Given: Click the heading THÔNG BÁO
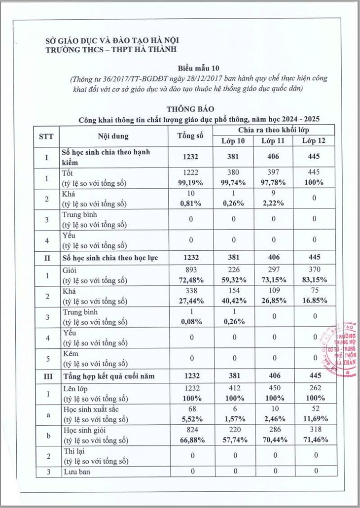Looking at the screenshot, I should pos(190,109).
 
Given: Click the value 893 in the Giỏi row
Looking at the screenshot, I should pos(193,270).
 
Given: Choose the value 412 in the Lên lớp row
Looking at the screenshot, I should pos(235,388).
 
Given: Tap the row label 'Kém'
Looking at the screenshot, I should pos(72,354).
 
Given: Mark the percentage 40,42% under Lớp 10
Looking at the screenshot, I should pos(235,301).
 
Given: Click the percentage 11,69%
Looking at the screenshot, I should pos(311,419).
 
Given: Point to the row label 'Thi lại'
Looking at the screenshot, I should pos(73,451).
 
